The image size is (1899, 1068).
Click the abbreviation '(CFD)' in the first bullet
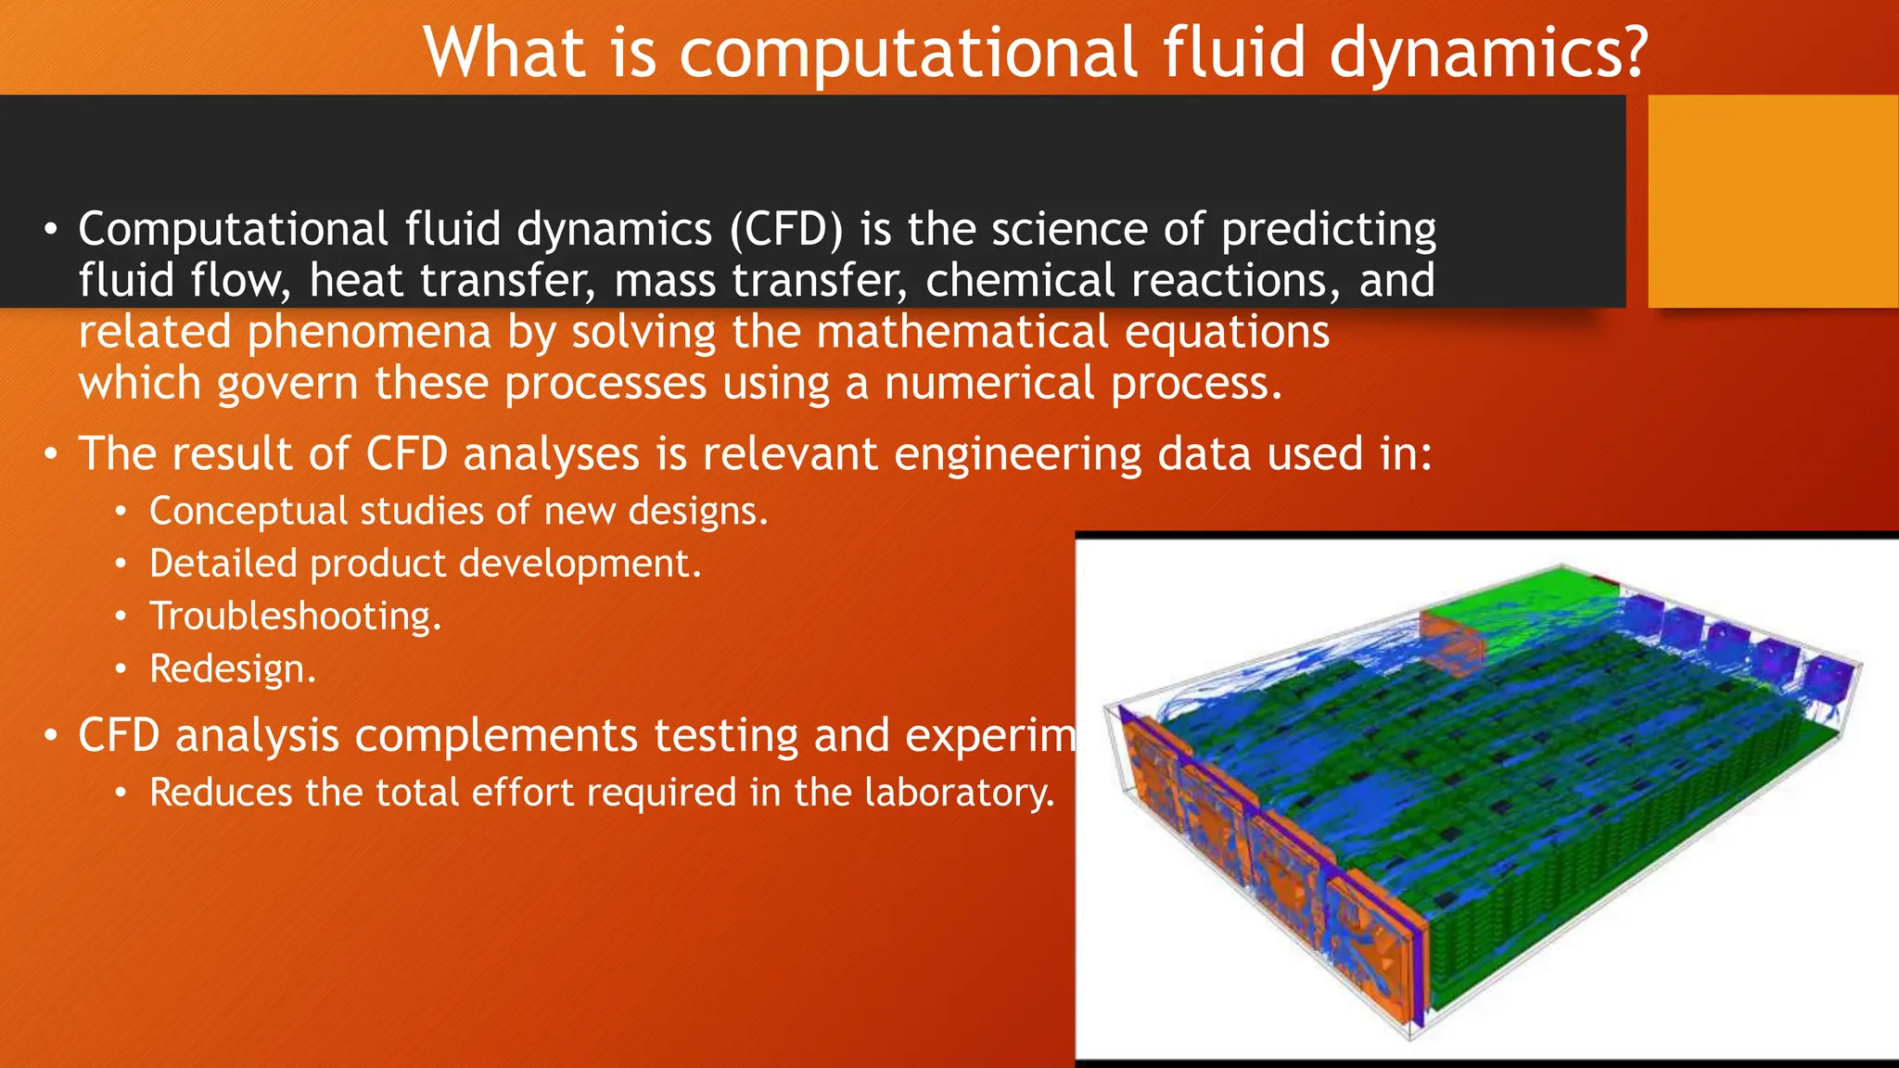click(x=786, y=229)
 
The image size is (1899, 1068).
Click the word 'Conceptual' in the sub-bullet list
click(x=247, y=512)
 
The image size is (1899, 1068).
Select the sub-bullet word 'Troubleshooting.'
click(x=296, y=617)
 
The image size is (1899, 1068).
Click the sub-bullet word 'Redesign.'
click(x=233, y=669)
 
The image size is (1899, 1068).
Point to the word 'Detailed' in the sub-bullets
click(x=223, y=564)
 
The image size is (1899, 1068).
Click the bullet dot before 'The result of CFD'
click(x=51, y=455)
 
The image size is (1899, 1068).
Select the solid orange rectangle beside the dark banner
click(x=1772, y=201)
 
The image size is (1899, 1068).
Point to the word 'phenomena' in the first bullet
click(x=368, y=332)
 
